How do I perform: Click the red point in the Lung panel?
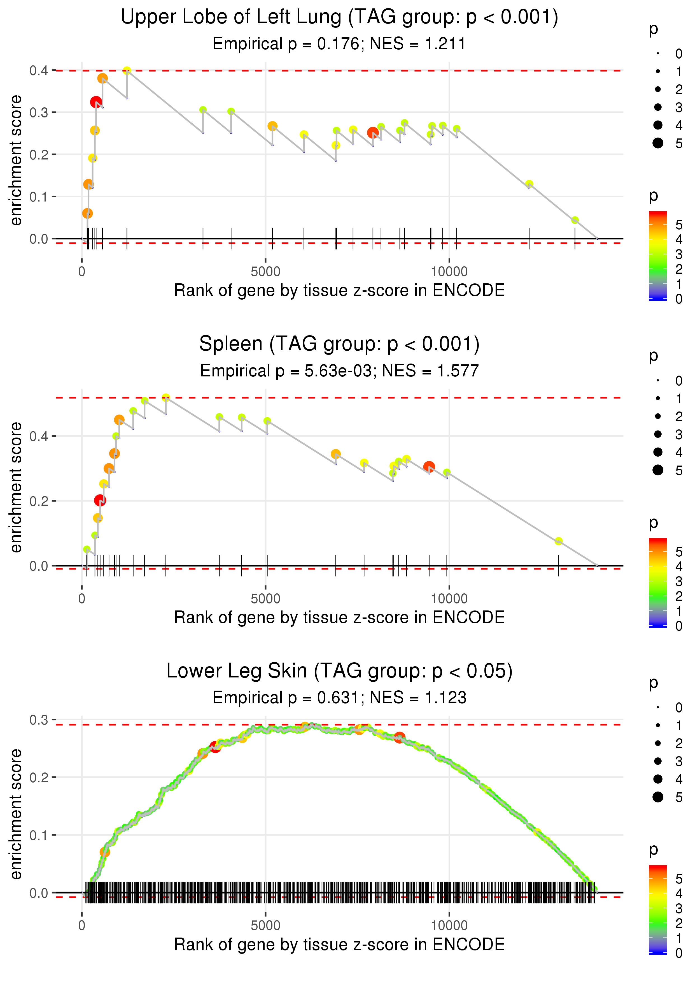[96, 102]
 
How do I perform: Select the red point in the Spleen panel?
[100, 500]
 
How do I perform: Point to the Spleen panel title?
[339, 344]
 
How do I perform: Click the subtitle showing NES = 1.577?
[339, 371]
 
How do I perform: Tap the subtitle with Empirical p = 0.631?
[339, 698]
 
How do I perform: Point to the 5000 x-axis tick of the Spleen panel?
[265, 598]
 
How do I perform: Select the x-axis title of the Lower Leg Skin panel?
[339, 944]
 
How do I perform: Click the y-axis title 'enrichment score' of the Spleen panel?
[16, 487]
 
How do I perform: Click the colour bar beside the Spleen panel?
[658, 582]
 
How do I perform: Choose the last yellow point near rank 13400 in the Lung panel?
[575, 220]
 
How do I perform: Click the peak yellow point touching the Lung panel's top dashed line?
[127, 70]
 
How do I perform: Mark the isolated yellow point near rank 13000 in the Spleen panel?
[559, 541]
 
